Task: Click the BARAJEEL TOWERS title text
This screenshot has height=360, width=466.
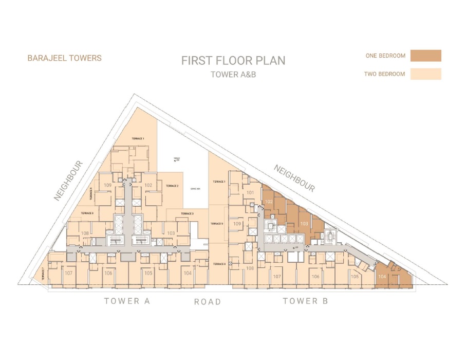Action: click(x=64, y=58)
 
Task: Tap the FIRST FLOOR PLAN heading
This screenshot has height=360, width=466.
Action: click(x=233, y=60)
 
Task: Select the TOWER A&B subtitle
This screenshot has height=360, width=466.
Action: click(x=233, y=74)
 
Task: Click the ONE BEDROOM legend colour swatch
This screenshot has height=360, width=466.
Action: click(x=425, y=56)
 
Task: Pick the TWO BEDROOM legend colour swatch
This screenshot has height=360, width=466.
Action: click(x=425, y=74)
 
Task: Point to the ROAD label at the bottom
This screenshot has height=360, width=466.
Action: click(x=208, y=302)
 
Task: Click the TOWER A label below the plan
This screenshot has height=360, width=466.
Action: click(x=127, y=301)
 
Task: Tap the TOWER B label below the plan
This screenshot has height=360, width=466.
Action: click(x=305, y=301)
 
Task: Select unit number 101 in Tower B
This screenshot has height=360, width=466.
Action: click(x=251, y=193)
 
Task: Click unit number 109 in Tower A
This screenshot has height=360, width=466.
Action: click(x=108, y=185)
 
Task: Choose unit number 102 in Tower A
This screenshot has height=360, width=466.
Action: click(x=148, y=185)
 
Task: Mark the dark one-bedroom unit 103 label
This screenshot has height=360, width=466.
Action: click(x=304, y=224)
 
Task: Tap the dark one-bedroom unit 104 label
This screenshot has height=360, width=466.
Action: click(x=382, y=277)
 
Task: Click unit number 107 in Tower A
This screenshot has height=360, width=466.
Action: click(x=68, y=273)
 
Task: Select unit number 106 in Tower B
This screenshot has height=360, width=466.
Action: click(x=315, y=277)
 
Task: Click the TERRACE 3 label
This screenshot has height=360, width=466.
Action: click(x=187, y=213)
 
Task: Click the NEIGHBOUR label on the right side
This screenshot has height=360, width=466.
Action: click(x=294, y=178)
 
